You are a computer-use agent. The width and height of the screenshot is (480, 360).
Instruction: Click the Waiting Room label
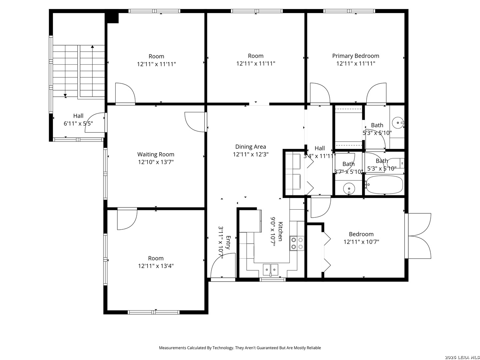[x=156, y=154]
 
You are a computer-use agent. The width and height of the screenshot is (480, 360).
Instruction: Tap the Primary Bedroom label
[x=355, y=56]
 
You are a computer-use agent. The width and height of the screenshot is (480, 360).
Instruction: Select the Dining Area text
[x=250, y=147]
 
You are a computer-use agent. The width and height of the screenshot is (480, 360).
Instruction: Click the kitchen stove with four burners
[x=297, y=243]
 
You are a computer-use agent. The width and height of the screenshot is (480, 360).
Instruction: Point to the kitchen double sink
[x=270, y=269]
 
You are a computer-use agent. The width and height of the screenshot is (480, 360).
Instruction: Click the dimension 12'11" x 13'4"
[x=156, y=266]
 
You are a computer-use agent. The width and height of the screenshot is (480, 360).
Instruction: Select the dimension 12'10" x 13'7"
[x=156, y=162]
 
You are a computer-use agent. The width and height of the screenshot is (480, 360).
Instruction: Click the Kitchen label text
[x=280, y=231]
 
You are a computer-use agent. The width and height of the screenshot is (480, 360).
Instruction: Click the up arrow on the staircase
[x=92, y=47]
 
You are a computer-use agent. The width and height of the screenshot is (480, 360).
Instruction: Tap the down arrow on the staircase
[x=65, y=95]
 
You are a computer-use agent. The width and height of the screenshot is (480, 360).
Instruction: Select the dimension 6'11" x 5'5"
[x=78, y=124]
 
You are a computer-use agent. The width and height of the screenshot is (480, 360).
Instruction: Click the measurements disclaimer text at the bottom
[x=240, y=348]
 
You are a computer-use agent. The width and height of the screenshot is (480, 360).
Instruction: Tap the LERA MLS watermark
[x=462, y=357]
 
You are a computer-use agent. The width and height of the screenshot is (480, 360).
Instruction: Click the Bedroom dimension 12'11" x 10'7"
[x=361, y=242]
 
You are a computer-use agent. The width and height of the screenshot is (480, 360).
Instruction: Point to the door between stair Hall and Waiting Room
[x=95, y=123]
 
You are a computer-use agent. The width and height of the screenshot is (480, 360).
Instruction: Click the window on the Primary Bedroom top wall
[x=349, y=11]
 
